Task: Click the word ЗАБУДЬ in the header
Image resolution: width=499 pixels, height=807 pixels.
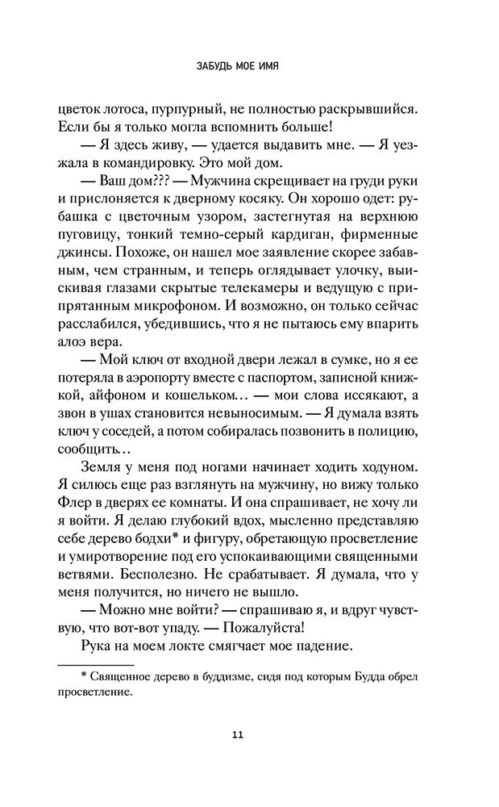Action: pos(212,65)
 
